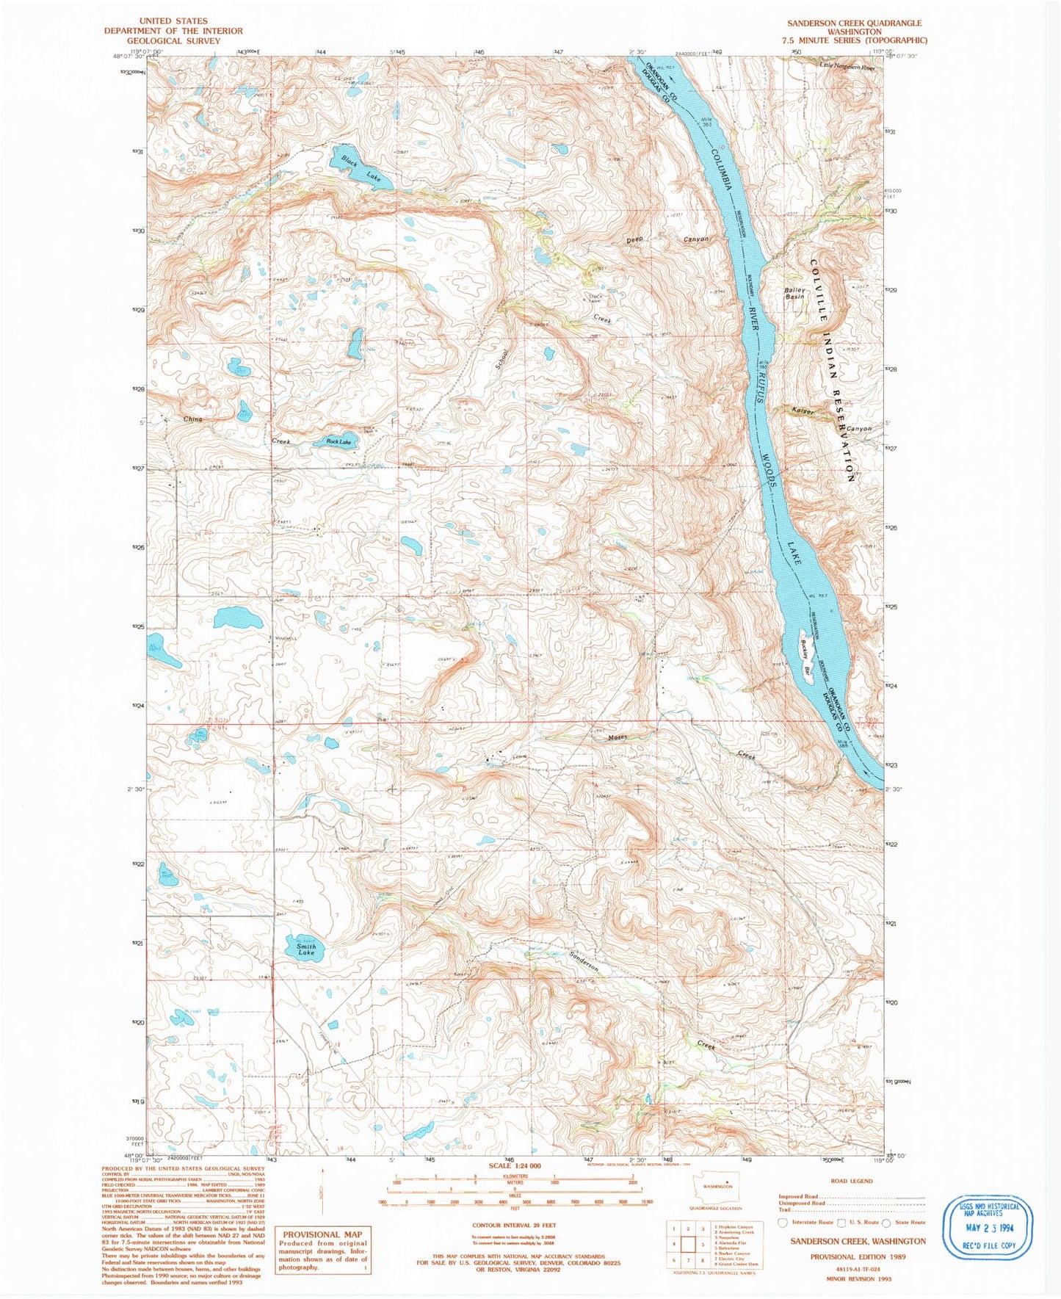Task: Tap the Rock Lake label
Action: pyautogui.click(x=338, y=442)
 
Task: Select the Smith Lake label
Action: pyautogui.click(x=306, y=949)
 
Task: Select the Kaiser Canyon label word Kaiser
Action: pyautogui.click(x=803, y=411)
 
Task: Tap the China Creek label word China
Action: pyautogui.click(x=192, y=419)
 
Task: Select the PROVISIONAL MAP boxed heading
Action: pyautogui.click(x=322, y=1234)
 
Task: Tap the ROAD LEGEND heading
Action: pyautogui.click(x=852, y=1181)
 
